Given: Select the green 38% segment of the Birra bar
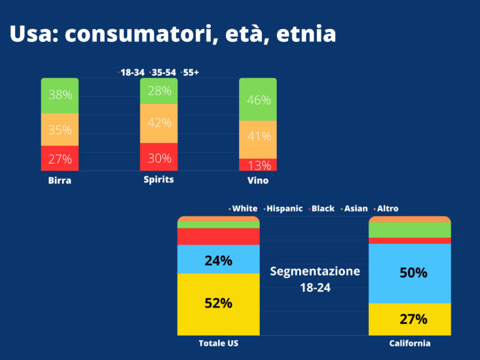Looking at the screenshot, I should tap(60, 96).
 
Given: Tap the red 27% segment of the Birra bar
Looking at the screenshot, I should tap(60, 158).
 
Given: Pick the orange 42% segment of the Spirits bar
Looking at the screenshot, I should tap(159, 123).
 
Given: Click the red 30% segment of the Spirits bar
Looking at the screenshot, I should tap(159, 157).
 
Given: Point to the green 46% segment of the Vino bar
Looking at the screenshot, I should tap(257, 99).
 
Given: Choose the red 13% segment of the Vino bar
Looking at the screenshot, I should tap(257, 164).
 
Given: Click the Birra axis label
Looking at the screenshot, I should tap(60, 181).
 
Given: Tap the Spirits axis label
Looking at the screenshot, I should tap(158, 179).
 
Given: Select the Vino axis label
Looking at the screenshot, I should tap(257, 180).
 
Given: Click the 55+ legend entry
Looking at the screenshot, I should tap(191, 72).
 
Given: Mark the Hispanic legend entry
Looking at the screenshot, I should tap(284, 208).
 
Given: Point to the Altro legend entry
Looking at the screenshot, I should tap(386, 208).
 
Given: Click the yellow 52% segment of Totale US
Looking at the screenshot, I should tap(219, 304).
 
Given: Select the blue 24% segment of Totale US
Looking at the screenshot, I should tap(219, 259).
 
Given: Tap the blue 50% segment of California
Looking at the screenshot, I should tap(410, 272).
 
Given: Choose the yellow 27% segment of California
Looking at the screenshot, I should tap(410, 319).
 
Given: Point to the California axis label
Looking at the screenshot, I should tap(410, 344).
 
